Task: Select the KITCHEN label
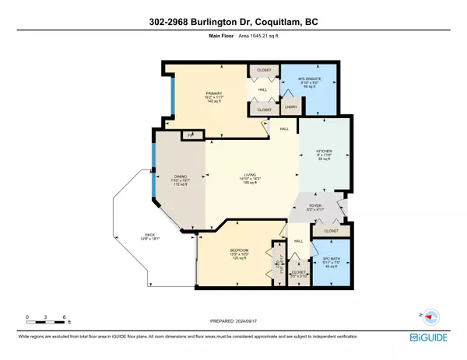click(x=324, y=152)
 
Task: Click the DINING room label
click(x=181, y=177)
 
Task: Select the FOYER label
click(x=314, y=206)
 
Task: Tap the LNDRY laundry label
click(x=290, y=107)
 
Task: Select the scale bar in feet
click(x=47, y=319)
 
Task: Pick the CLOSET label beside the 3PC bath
click(x=330, y=231)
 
